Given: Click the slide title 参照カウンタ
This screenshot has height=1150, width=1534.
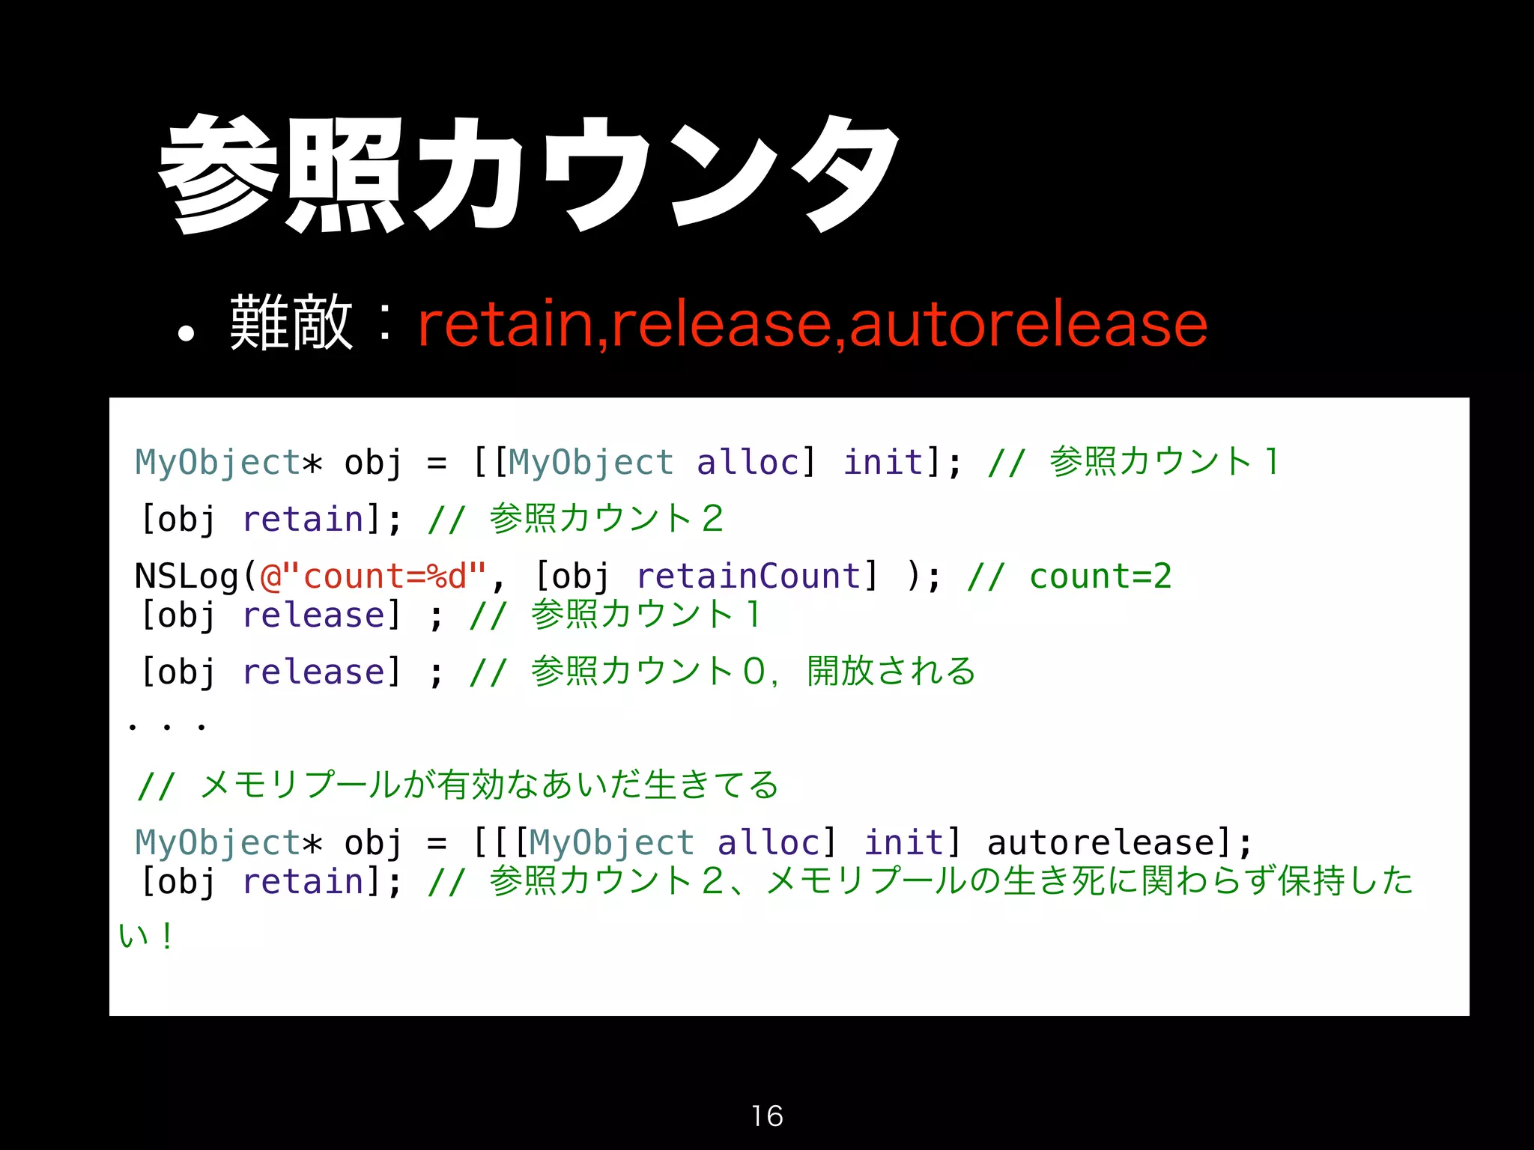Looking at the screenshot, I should [x=529, y=174].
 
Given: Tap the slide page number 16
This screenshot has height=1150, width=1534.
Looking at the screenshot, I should [x=767, y=1116].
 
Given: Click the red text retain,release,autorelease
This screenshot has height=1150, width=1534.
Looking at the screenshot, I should [x=812, y=323].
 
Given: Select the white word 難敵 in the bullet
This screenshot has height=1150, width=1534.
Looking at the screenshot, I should [x=291, y=323].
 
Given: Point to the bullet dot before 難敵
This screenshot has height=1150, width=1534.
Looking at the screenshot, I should [x=186, y=334].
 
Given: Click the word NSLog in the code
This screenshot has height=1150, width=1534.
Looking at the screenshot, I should [x=187, y=576].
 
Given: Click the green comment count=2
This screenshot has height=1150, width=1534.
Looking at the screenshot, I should [x=1100, y=576].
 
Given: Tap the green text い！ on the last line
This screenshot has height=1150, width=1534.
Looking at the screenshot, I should [x=147, y=936].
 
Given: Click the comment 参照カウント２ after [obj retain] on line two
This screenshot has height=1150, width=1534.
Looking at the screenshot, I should [x=607, y=519].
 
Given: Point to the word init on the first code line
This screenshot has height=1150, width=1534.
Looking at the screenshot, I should [x=883, y=462].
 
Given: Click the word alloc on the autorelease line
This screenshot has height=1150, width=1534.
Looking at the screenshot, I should [x=769, y=843].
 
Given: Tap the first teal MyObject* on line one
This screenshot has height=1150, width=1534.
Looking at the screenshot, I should [x=228, y=462].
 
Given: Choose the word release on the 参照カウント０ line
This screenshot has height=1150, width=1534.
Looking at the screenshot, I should [x=314, y=672].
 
